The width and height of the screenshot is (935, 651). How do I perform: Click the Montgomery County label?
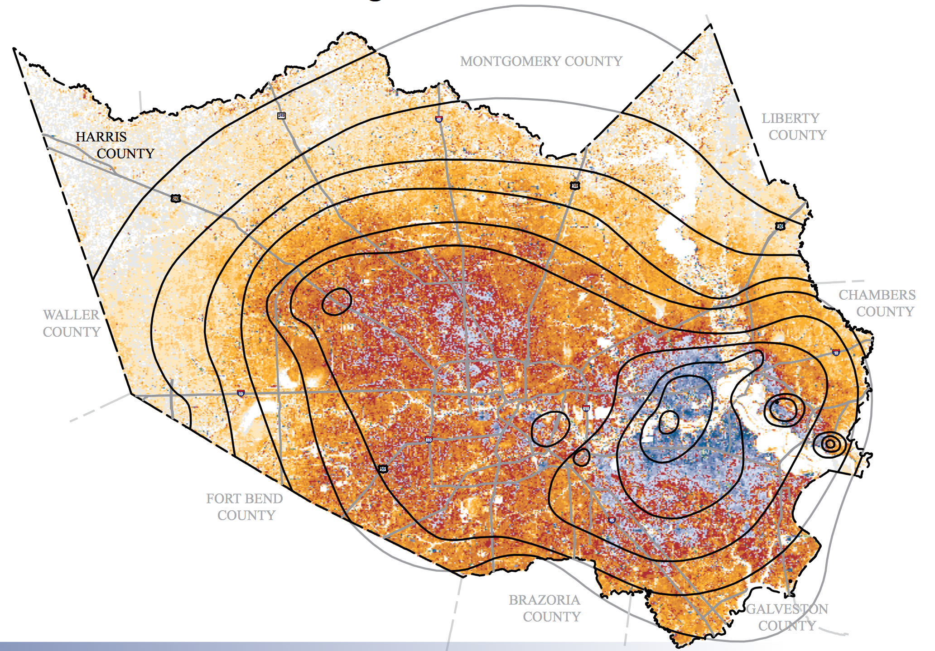tap(541, 61)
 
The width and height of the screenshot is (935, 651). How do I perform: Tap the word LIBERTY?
tap(790, 118)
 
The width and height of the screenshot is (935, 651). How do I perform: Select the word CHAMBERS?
tap(877, 295)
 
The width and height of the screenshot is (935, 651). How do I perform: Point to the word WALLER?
tap(71, 315)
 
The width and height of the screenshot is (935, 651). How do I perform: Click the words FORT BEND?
tap(245, 498)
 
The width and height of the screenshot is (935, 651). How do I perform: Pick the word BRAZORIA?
tap(544, 600)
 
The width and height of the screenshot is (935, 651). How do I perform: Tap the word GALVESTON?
tap(787, 609)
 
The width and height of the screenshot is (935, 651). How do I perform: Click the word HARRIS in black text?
tap(101, 137)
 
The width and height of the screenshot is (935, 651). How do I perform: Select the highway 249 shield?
tap(281, 116)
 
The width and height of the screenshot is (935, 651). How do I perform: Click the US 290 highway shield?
tap(176, 198)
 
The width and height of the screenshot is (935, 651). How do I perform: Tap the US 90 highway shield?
tap(780, 226)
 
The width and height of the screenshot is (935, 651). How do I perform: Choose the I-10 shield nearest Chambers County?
tap(836, 352)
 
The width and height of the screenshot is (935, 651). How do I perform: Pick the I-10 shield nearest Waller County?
tap(241, 393)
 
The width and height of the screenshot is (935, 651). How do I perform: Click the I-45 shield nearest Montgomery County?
tap(439, 119)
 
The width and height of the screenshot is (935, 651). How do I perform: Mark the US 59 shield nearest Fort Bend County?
tap(383, 469)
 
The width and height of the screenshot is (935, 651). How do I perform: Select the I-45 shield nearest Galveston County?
tap(612, 520)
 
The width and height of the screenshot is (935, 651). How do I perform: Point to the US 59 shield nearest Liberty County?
tap(574, 185)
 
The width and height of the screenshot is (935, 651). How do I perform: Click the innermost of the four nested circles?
tap(830, 444)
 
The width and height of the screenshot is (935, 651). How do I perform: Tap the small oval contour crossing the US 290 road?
tap(337, 302)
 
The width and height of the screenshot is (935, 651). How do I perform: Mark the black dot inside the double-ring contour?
tap(777, 402)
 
